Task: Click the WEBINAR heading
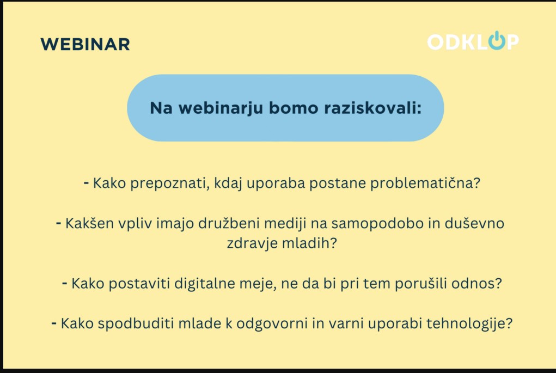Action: pos(85,44)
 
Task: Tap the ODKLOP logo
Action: pos(473,41)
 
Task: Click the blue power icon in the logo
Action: pos(497,40)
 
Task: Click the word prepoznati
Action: pos(169,184)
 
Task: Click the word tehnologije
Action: pos(469,323)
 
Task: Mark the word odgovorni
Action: pos(272,323)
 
